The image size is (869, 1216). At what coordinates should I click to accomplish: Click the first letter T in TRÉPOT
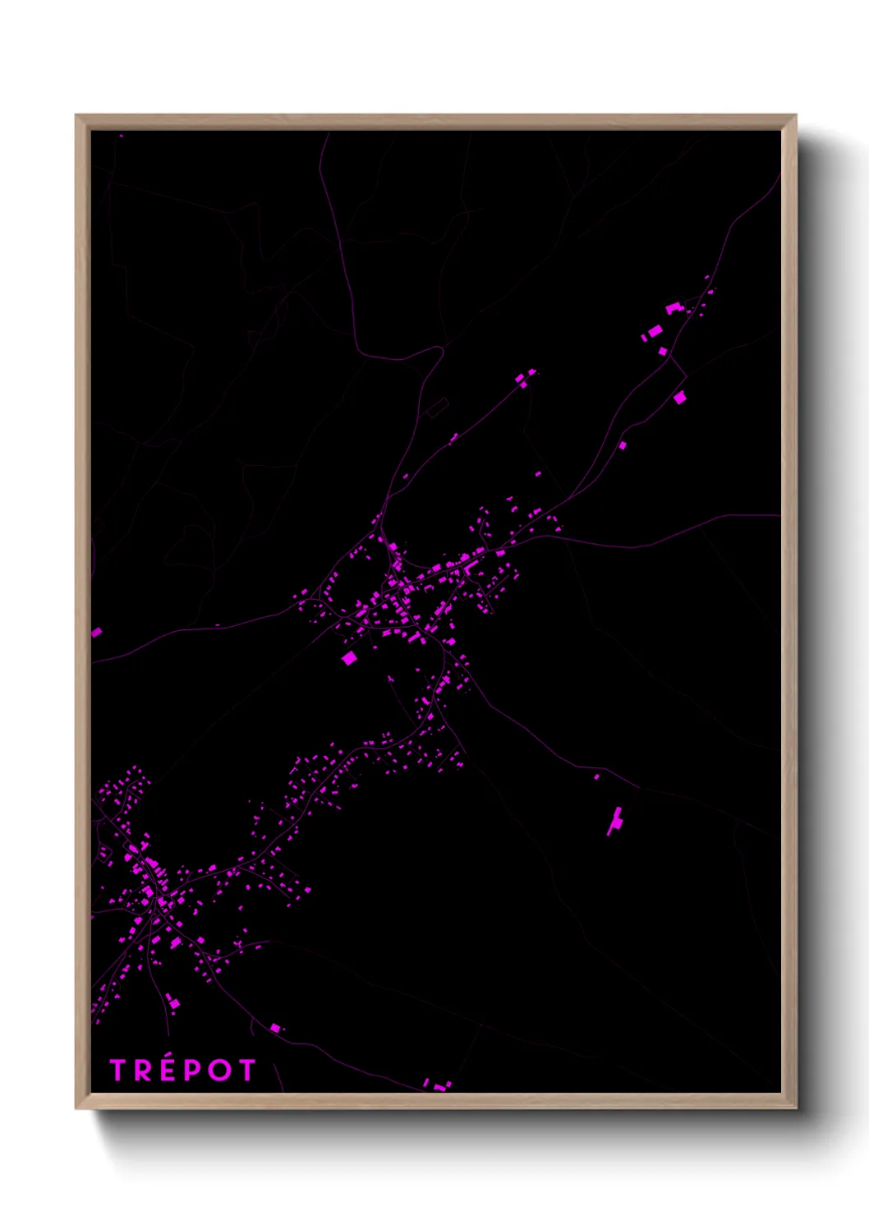118,1070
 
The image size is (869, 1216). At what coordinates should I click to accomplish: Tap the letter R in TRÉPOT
143,1070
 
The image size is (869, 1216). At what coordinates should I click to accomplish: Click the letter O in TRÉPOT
218,1070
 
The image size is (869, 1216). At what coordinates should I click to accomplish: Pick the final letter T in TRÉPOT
246,1070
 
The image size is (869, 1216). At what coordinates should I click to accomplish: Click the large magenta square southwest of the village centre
349,657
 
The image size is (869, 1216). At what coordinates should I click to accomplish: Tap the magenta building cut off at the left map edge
96,632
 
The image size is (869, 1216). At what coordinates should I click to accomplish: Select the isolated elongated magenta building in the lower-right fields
615,820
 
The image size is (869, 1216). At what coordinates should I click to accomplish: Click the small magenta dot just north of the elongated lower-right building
597,776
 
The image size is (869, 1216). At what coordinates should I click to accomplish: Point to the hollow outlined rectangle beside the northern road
437,407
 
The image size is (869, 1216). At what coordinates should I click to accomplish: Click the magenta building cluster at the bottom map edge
438,1086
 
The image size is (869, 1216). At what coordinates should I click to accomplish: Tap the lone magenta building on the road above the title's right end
275,1028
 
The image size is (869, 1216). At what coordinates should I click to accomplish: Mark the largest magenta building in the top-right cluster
654,332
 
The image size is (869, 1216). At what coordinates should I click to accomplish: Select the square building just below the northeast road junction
679,398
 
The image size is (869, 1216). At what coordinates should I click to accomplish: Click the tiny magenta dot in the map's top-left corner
121,136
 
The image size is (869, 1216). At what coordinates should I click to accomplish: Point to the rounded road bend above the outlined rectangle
439,351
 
